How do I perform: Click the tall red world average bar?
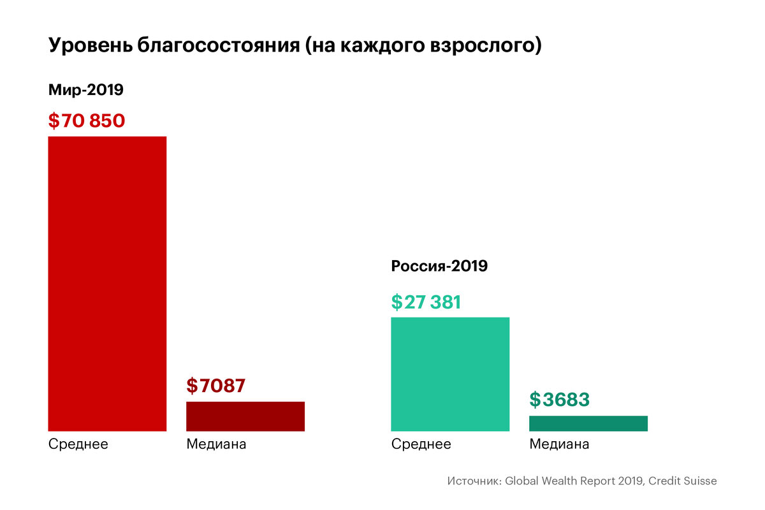pyautogui.click(x=107, y=284)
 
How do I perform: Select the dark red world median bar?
pyautogui.click(x=245, y=416)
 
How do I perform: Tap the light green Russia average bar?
pyautogui.click(x=450, y=374)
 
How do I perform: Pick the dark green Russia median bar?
pyautogui.click(x=588, y=423)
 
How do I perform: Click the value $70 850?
pyautogui.click(x=86, y=120)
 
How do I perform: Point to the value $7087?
pyautogui.click(x=215, y=386)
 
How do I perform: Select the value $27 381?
pyautogui.click(x=426, y=302)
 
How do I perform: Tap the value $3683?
pyautogui.click(x=559, y=400)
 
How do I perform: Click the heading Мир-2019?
pyautogui.click(x=85, y=90)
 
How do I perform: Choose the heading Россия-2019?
pyautogui.click(x=439, y=266)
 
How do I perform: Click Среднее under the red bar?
pyautogui.click(x=78, y=444)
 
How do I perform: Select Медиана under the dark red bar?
pyautogui.click(x=216, y=444)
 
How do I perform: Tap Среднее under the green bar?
pyautogui.click(x=421, y=444)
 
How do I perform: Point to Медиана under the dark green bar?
pyautogui.click(x=559, y=444)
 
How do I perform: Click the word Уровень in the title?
pyautogui.click(x=90, y=47)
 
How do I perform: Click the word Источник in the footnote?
pyautogui.click(x=474, y=481)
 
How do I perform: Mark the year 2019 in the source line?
pyautogui.click(x=630, y=481)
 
